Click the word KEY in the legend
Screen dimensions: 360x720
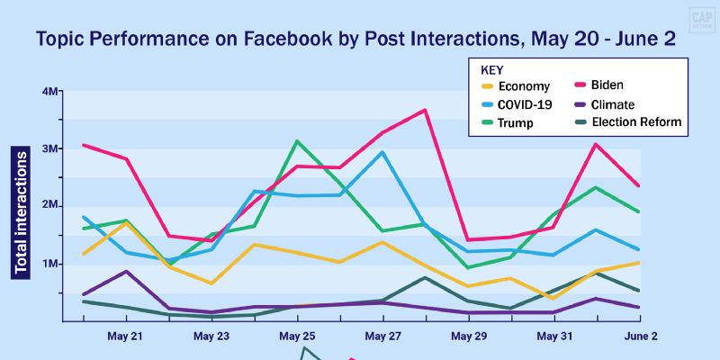click(x=492, y=69)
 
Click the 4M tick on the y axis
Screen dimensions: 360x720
click(x=49, y=92)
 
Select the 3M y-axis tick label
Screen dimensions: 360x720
click(x=49, y=148)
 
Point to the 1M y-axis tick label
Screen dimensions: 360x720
click(x=49, y=264)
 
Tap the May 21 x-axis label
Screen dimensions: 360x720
click(x=124, y=336)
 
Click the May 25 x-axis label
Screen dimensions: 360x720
click(x=297, y=336)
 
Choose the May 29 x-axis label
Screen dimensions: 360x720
click(x=469, y=336)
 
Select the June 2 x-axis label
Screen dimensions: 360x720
click(x=641, y=336)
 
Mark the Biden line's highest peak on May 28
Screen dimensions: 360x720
click(x=425, y=110)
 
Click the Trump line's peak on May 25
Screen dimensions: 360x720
click(x=297, y=141)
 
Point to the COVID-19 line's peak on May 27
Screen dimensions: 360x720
click(x=383, y=152)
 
